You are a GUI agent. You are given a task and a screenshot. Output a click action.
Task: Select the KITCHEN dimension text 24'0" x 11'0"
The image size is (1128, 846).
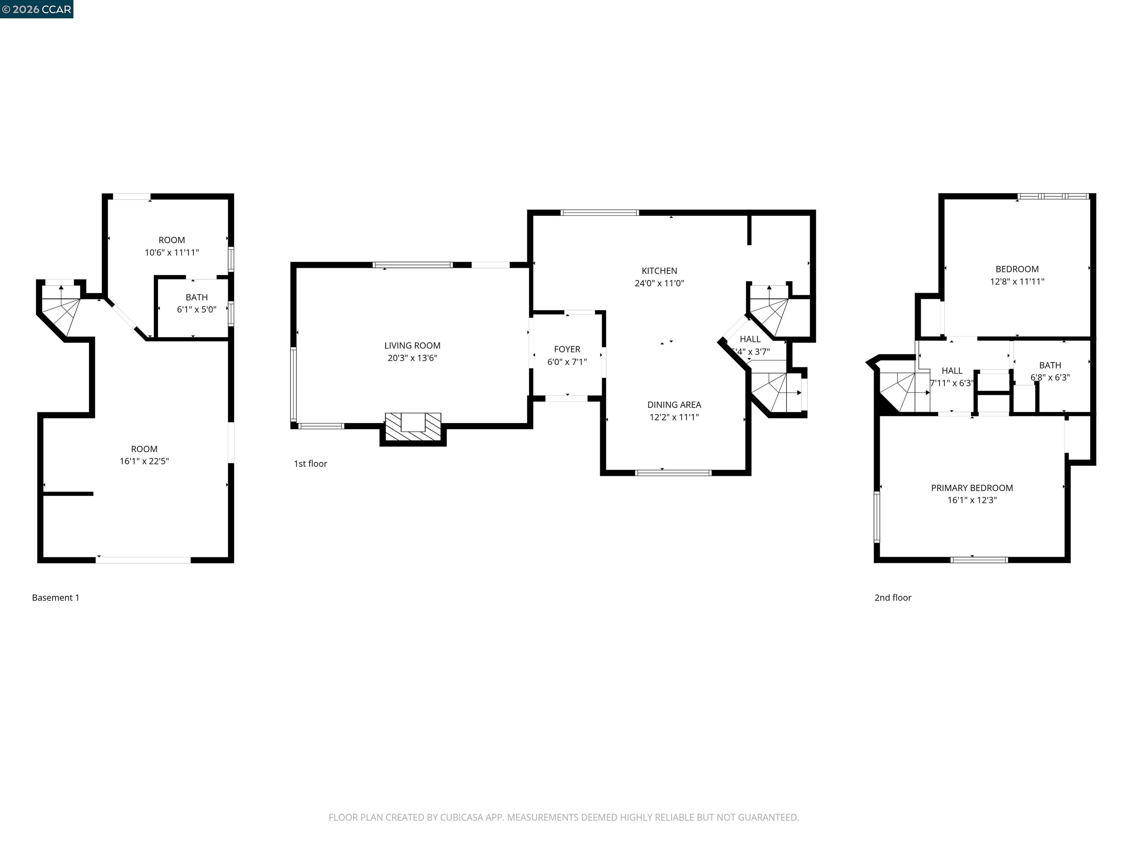(659, 283)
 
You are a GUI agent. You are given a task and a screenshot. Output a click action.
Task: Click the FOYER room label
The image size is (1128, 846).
(567, 349)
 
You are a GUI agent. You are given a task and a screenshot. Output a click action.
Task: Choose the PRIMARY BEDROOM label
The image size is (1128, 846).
(972, 488)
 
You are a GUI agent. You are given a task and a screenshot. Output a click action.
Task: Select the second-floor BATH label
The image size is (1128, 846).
(1049, 365)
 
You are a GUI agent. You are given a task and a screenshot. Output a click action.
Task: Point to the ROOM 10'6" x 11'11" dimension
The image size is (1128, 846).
(171, 252)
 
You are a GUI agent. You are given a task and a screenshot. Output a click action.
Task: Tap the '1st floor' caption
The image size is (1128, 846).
(310, 463)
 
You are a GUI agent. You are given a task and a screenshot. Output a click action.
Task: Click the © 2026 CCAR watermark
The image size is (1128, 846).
(36, 9)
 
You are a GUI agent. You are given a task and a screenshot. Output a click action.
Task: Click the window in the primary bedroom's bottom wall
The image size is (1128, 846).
(979, 560)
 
